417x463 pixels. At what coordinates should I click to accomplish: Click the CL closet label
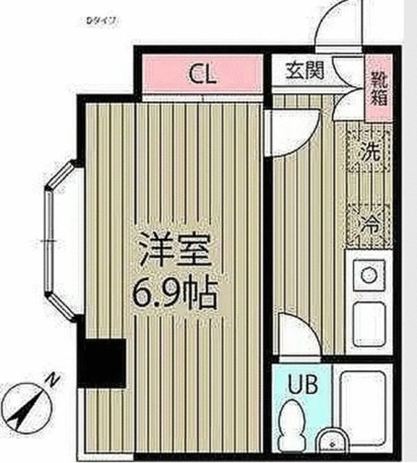pyautogui.click(x=203, y=74)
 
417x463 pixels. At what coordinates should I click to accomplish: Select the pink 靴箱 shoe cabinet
pyautogui.click(x=378, y=82)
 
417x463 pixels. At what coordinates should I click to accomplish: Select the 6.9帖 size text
pyautogui.click(x=174, y=293)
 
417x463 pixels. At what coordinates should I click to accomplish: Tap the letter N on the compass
pyautogui.click(x=52, y=379)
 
